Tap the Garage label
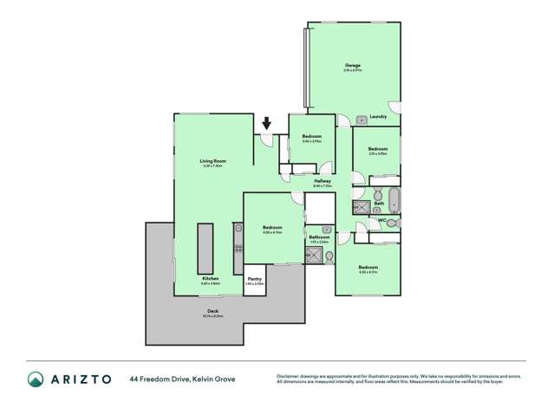pos(353,65)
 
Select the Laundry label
pos(377,117)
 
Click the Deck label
pos(212,312)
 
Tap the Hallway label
pos(323,180)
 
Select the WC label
pos(381,221)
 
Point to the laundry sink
pos(361,120)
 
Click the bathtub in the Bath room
pos(394,201)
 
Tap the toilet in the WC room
pos(394,223)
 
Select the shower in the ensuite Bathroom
pos(317,255)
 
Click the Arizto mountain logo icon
pos(36,379)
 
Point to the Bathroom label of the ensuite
pos(318,237)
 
